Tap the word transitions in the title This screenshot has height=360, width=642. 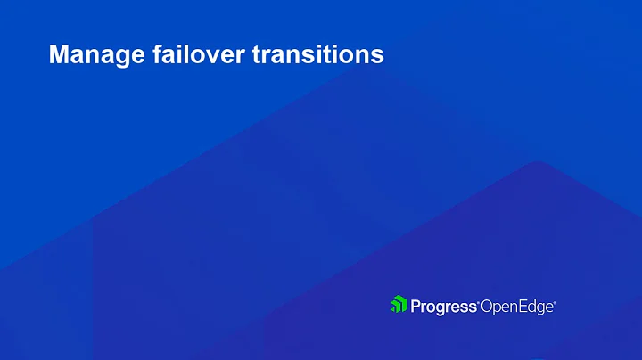[318, 55]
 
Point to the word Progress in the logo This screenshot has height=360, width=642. [444, 307]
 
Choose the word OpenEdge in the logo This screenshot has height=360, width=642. [517, 307]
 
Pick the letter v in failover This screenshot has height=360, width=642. [210, 57]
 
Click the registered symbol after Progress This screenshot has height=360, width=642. [479, 301]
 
